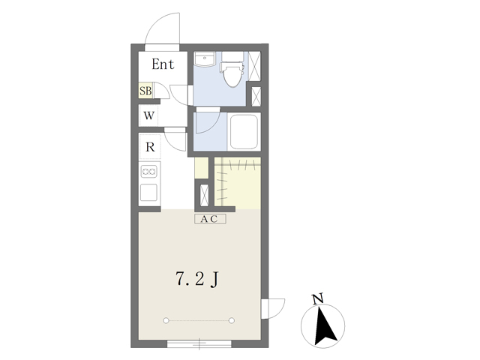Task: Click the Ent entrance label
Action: pos(163,64)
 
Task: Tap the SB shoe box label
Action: pos(145,91)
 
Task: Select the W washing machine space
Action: pos(148,115)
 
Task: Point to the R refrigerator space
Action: pos(150,147)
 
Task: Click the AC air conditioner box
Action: pos(210,219)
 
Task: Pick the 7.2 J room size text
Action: pos(197,279)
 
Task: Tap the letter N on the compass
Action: pos(317,298)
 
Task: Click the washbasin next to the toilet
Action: pos(205,59)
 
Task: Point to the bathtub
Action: pos(244,132)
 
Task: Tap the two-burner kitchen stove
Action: pos(149,172)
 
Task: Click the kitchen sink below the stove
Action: pos(148,193)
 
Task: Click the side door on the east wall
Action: pos(273,309)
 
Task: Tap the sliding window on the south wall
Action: pos(199,343)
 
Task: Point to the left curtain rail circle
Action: pos(166,320)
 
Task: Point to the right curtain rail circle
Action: pos(232,320)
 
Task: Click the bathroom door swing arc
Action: pos(211,125)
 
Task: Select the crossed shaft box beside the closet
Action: pos(204,195)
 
